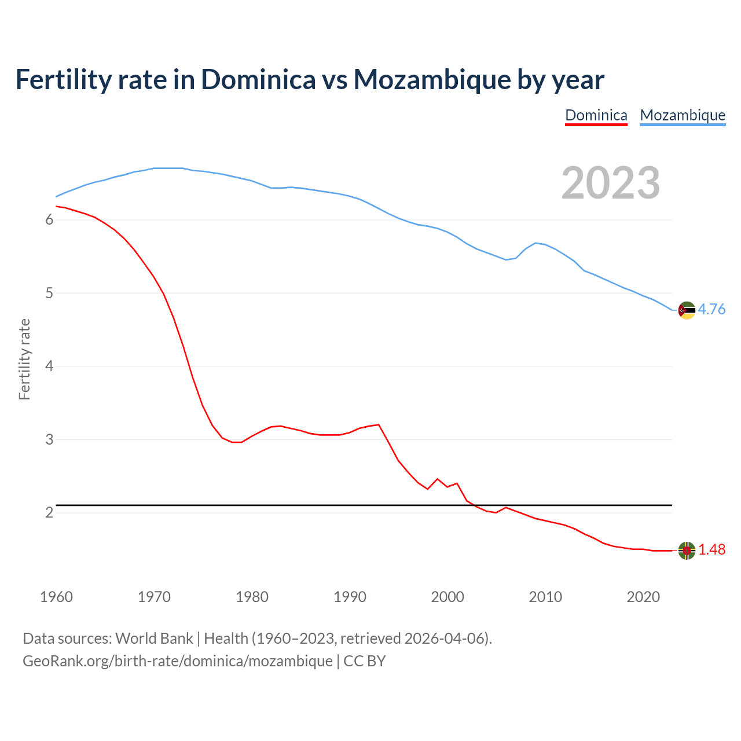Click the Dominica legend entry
pos(596,115)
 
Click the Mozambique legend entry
pos(683,115)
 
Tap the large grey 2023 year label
pos(611,183)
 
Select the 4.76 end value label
pos(711,309)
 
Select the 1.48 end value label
pos(711,549)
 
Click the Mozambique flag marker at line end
pos(687,310)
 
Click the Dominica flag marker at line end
pos(687,551)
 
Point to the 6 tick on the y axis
pos(49,220)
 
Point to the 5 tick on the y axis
pos(49,293)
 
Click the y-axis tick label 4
pos(49,366)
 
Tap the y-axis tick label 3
pos(49,439)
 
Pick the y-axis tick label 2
pos(49,513)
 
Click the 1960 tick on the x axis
pos(56,597)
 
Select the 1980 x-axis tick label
pos(252,597)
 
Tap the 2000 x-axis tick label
pos(447,597)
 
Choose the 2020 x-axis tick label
pos(643,597)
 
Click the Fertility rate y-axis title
pos(24,359)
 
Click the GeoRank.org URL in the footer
pos(178,661)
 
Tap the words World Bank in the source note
pos(154,638)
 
